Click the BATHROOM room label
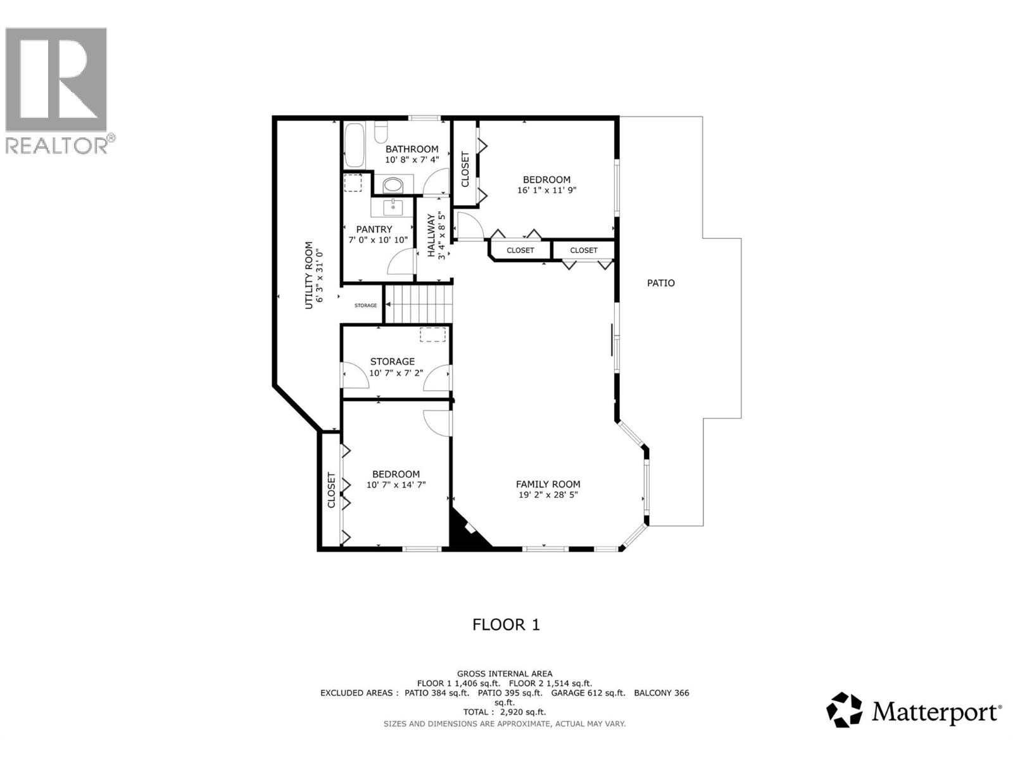coord(412,149)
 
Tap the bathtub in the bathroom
coord(354,145)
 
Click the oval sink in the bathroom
coord(393,186)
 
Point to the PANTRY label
coord(374,229)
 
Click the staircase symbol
coord(420,303)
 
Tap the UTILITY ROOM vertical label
coord(309,275)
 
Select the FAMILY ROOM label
coord(548,484)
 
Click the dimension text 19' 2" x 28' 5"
coord(548,495)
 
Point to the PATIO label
coord(660,283)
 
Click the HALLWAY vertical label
coord(432,236)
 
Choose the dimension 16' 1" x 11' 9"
coord(546,190)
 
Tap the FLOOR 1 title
coord(506,624)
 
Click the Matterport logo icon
coord(845,709)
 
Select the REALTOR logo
coord(56,89)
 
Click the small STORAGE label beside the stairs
coord(365,305)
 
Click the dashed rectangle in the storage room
coord(433,334)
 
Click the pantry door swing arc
coord(400,261)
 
